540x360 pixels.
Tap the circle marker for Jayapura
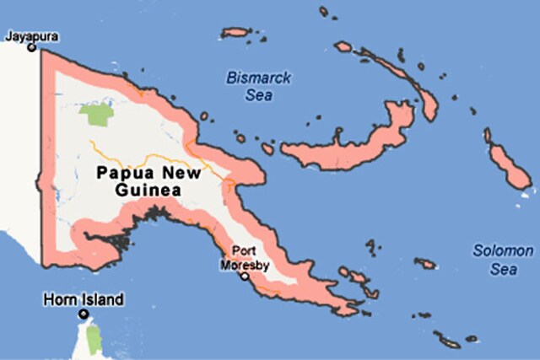coord(31,48)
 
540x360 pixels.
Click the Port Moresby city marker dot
coord(245,276)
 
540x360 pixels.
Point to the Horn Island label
coord(84,299)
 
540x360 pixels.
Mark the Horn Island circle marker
coord(84,314)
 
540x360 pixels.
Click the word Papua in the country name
coord(124,174)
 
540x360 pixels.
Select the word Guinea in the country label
coord(148,191)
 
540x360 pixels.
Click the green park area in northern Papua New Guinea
coord(98,114)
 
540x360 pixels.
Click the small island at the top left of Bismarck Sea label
coord(235,33)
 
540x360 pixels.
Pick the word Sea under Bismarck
coord(258,95)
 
